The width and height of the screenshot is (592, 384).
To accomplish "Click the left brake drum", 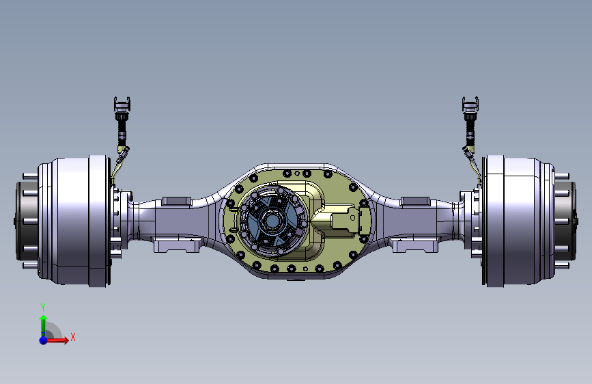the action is pos(74,221).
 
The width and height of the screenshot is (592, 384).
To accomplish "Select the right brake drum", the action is pos(518,221).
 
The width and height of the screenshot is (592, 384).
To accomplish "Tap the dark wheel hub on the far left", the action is pos(27,221).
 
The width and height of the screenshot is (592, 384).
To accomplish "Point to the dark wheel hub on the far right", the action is pos(566,221).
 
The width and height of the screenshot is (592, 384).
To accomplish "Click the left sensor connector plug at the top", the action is pos(122,105).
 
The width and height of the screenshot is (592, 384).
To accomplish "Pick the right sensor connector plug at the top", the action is pos(470,105).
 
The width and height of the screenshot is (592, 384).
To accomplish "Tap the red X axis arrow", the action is pos(57,340).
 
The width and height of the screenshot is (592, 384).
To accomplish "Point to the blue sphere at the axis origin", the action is pos(44,340).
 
